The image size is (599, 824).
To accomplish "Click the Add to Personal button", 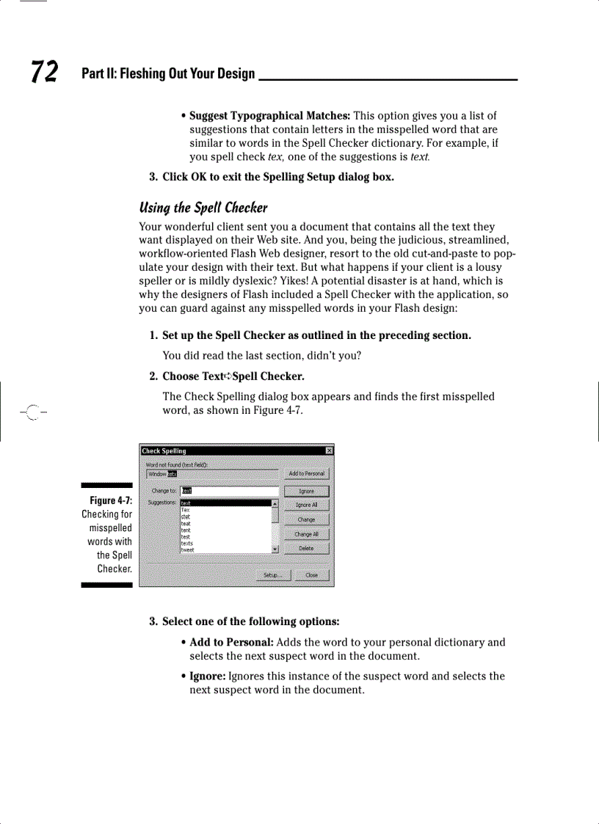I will point(306,474).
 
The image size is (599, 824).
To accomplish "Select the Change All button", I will point(306,534).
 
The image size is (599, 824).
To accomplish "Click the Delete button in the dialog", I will point(306,548).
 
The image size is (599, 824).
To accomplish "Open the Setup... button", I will point(272,575).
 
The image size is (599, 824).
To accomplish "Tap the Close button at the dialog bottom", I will point(312,575).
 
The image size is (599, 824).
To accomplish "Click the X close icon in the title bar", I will point(330,451).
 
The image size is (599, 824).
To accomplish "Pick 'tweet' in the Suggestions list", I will point(188,550).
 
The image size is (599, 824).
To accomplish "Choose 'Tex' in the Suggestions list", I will point(186,510).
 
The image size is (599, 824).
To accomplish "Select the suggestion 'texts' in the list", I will point(187,543).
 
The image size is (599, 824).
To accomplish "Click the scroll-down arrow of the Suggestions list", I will point(275,549).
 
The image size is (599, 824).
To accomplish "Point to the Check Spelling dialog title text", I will point(164,451).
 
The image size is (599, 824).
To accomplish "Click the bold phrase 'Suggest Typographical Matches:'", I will point(269,116).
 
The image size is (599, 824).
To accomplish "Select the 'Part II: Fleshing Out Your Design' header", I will point(168,73).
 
